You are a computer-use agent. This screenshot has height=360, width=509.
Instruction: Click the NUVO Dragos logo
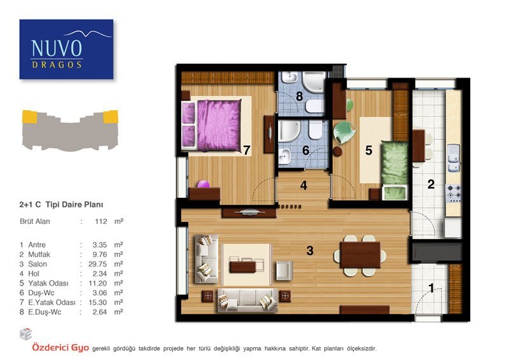[x=67, y=50]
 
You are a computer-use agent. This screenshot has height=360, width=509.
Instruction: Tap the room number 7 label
[x=247, y=150]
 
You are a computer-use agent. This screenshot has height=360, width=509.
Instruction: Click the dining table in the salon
[x=360, y=255]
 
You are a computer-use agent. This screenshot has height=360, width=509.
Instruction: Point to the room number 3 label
[x=310, y=250]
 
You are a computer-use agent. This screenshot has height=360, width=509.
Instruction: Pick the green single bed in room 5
[x=394, y=170]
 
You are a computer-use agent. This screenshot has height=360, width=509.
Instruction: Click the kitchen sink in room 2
[x=454, y=158]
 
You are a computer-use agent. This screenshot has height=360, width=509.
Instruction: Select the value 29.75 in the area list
[x=98, y=264]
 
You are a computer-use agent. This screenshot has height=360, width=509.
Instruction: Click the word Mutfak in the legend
[x=39, y=254]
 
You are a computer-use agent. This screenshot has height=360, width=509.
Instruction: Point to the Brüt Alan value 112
[x=101, y=221]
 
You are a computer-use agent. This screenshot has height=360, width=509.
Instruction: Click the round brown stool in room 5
[x=338, y=151]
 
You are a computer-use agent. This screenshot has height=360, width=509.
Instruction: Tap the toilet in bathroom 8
[x=314, y=106]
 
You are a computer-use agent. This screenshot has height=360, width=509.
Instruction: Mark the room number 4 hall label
[x=303, y=185]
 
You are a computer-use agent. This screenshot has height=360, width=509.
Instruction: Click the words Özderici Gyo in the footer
[x=60, y=348]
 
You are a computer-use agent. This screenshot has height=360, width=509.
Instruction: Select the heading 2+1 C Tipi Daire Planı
[x=61, y=205]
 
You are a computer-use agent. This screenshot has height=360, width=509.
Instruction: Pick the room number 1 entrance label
[x=431, y=288]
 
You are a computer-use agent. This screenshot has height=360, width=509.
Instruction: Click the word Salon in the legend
[x=38, y=264]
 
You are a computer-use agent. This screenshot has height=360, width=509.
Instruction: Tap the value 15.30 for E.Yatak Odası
[x=98, y=302]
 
